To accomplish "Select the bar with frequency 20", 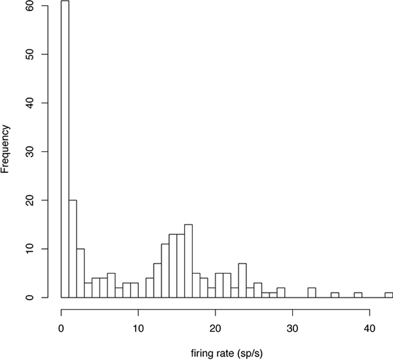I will (73, 249).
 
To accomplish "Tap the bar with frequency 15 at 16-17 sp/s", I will (189, 261).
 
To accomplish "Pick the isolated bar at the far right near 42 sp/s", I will (389, 295).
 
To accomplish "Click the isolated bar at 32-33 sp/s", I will (312, 293).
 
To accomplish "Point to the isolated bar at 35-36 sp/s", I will (335, 295).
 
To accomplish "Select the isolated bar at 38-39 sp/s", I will (358, 295).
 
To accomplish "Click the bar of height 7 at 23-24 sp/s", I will (242, 281).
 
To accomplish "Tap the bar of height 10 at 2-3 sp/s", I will (81, 273).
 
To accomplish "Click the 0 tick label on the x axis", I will (61, 328).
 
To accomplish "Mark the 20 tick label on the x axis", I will (215, 328).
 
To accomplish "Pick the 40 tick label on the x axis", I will (369, 328).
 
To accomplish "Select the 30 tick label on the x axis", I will (292, 328).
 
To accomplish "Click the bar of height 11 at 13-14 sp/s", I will (165, 271).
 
